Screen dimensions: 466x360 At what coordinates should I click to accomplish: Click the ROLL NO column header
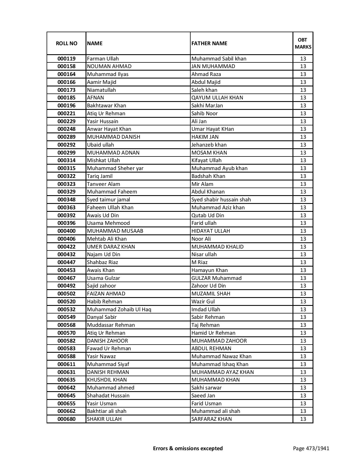(x=66, y=43)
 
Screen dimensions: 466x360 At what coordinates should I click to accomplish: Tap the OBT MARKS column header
(x=303, y=43)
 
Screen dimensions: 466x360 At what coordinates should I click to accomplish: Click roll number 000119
(x=66, y=59)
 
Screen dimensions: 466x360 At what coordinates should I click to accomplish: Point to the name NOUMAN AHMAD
(x=109, y=66)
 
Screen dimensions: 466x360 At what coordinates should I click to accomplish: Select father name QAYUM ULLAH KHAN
(x=217, y=98)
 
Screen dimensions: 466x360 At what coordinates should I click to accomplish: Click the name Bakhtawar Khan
(x=106, y=106)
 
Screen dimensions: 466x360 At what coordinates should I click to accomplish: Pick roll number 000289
(x=66, y=137)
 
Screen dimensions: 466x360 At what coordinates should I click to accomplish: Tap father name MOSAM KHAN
(x=209, y=153)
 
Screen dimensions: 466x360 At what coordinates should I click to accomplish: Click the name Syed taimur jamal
(x=108, y=200)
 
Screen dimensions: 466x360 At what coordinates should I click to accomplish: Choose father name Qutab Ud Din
(x=208, y=215)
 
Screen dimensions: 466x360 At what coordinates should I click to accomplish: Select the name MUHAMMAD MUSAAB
(x=115, y=231)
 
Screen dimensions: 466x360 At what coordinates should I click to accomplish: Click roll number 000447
(x=66, y=262)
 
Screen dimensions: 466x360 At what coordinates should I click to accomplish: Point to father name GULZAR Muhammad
(x=216, y=278)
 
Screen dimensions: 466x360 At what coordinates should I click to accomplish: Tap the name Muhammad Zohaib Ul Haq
(x=119, y=310)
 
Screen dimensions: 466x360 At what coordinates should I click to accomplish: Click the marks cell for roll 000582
(x=303, y=341)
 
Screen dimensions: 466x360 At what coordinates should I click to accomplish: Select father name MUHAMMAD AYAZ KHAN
(x=222, y=372)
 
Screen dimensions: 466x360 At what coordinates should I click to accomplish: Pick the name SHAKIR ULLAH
(x=104, y=419)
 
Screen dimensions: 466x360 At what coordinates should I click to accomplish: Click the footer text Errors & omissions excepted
(x=188, y=448)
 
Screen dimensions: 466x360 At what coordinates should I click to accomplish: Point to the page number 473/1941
(x=311, y=448)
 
